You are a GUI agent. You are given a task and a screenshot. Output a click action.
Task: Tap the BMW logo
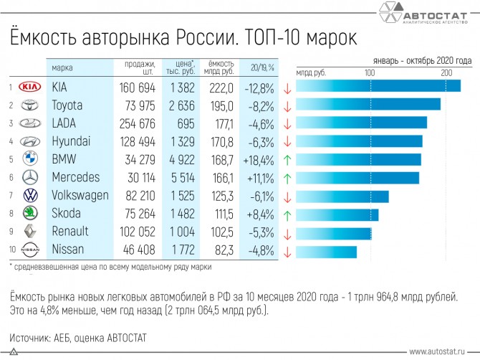(x=29, y=159)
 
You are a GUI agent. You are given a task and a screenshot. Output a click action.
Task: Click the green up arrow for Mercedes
(x=287, y=177)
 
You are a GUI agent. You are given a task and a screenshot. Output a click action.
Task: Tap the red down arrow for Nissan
(x=287, y=251)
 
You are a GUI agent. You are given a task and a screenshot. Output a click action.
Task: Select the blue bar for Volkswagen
(x=342, y=196)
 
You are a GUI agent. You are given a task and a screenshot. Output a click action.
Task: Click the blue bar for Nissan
(x=326, y=251)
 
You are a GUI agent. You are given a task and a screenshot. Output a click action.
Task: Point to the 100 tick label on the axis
(x=370, y=73)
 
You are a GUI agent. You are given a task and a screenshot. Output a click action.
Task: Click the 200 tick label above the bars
(x=446, y=73)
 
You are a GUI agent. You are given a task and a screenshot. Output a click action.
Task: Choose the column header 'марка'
(x=62, y=67)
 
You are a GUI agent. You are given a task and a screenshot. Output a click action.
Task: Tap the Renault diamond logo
(x=29, y=232)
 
